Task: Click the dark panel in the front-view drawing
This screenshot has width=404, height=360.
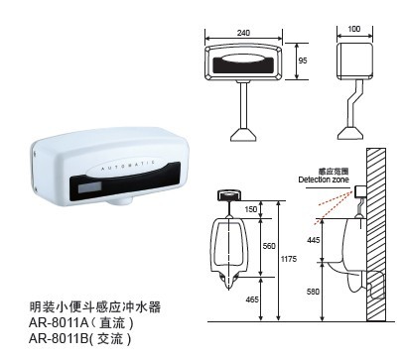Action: coord(243,67)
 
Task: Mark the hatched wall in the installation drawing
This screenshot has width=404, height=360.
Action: coord(376,238)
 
